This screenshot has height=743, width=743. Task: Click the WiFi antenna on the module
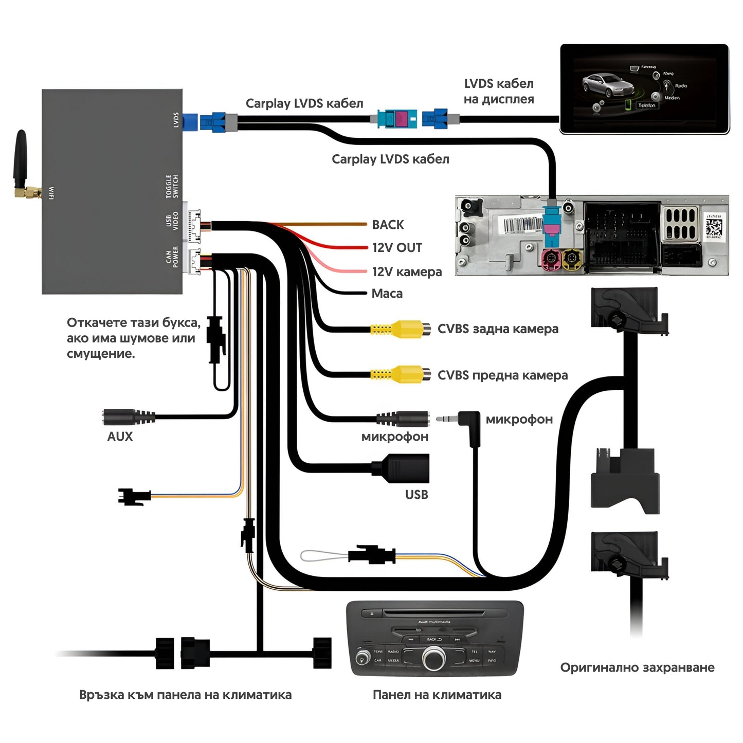(x=21, y=159)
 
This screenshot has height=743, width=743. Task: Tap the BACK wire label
(x=388, y=225)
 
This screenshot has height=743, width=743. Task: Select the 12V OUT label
(x=397, y=248)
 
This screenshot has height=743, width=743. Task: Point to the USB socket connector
(x=406, y=468)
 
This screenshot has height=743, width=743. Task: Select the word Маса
(x=387, y=294)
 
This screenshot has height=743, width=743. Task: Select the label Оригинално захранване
(x=637, y=667)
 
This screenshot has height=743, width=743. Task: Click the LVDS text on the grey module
(x=176, y=120)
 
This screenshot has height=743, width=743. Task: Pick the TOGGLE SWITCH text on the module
(x=172, y=186)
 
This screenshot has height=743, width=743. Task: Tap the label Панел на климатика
(x=437, y=695)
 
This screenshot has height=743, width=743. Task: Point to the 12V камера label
(x=407, y=271)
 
